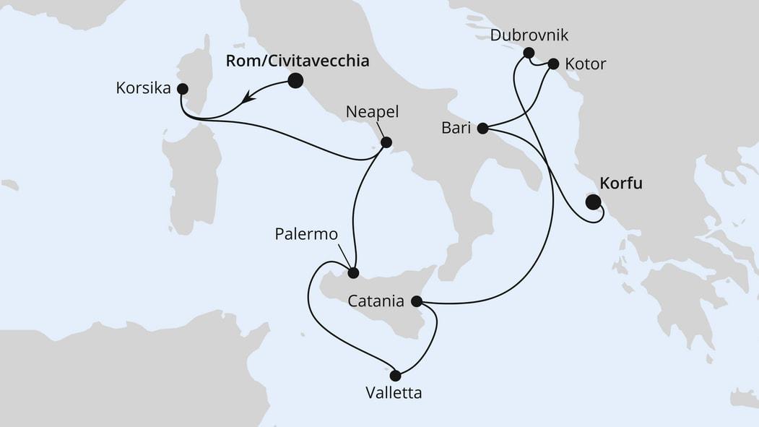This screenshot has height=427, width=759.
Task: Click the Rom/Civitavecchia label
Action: (297, 61)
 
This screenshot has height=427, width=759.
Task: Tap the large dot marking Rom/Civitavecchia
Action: (295, 81)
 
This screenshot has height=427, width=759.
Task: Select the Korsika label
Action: (142, 89)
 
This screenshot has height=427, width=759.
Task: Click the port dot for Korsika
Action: (182, 89)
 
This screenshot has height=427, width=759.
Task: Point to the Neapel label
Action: (372, 112)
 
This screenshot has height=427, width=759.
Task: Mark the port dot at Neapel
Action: (386, 142)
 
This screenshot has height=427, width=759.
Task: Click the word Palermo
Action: (308, 235)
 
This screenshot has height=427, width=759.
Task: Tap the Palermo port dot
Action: (353, 273)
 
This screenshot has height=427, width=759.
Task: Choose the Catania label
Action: (376, 301)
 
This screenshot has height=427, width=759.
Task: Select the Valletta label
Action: (394, 394)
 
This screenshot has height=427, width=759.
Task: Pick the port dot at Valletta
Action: (395, 375)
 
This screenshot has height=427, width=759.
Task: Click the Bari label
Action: (456, 129)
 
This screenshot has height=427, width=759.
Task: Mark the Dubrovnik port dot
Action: (529, 53)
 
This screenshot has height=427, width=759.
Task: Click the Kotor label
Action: (584, 64)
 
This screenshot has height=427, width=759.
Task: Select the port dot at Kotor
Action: (553, 64)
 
